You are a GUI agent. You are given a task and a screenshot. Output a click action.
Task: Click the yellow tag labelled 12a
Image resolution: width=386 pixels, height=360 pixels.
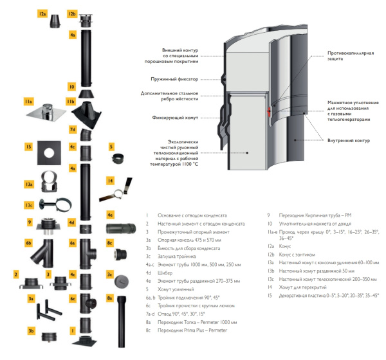tap(42, 14)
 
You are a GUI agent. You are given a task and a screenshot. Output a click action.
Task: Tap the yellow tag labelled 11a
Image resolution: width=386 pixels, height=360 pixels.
tap(28, 102)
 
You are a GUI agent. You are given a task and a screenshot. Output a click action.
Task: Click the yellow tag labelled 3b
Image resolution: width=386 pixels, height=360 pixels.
tap(31, 330)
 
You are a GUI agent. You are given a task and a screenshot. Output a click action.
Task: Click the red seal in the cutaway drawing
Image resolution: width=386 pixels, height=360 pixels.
tap(269, 111)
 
